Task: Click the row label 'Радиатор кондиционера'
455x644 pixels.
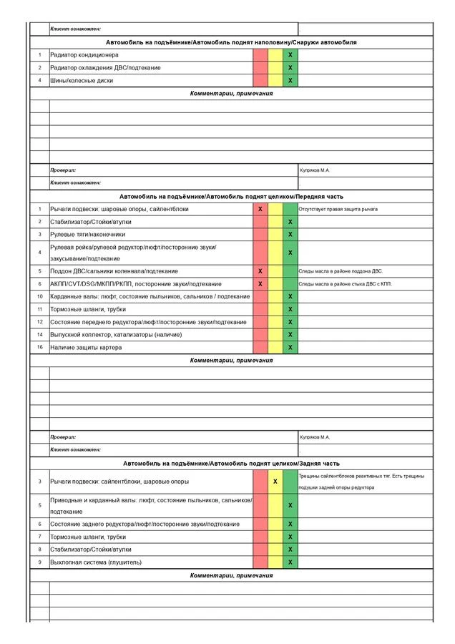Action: (84, 55)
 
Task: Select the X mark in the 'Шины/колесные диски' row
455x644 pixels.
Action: (290, 81)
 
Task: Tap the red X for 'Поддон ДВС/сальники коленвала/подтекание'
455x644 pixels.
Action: (260, 271)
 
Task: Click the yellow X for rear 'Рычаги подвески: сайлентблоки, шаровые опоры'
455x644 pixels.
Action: (275, 482)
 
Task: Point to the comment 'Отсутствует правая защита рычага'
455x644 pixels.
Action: (338, 209)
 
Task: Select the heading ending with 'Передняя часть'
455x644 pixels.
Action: (231, 196)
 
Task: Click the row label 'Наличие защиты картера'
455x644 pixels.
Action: (86, 348)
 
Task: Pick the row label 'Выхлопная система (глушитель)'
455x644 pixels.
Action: (96, 562)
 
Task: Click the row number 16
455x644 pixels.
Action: (40, 348)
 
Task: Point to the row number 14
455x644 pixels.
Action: (40, 335)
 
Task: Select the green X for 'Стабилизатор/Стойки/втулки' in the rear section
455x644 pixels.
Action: (290, 550)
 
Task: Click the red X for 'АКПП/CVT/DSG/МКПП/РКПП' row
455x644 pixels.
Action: (260, 284)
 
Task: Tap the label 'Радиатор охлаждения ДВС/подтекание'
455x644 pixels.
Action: (105, 68)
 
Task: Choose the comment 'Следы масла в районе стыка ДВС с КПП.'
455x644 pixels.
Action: (345, 284)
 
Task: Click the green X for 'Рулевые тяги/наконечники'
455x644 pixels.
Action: (290, 234)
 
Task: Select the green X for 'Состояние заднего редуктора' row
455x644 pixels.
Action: (290, 524)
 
